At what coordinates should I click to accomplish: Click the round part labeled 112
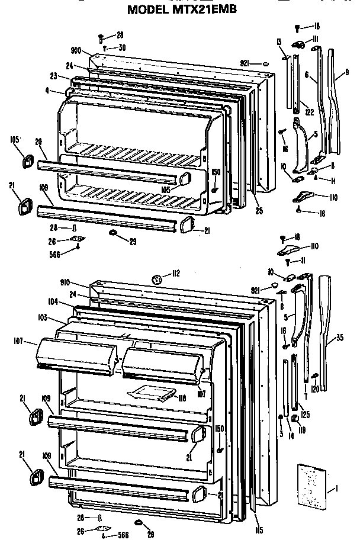(158, 279)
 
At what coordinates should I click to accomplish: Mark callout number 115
(258, 513)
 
